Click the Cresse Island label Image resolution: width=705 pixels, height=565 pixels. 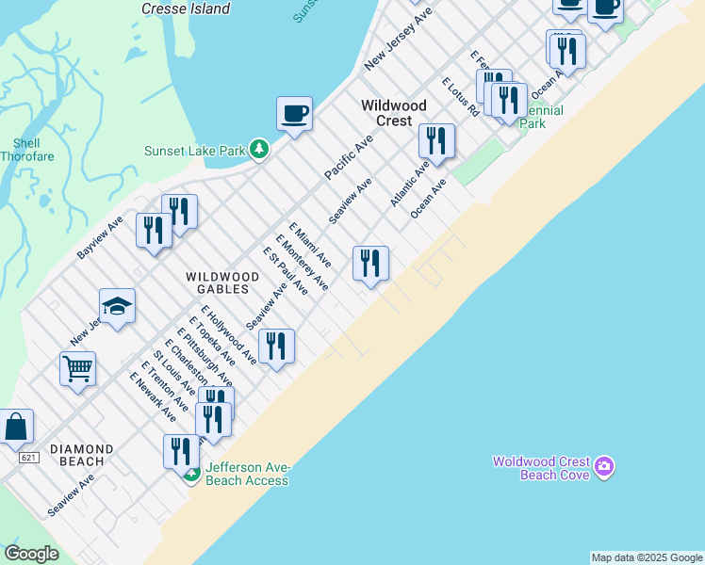186,8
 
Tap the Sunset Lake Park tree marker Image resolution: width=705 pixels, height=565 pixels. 259,150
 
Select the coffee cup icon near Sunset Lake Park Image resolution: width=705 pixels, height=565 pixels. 294,115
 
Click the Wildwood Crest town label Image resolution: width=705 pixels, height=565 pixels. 394,113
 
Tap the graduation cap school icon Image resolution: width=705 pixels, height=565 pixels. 117,306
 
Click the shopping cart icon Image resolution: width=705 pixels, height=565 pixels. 77,368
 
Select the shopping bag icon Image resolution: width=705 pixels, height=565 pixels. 16,427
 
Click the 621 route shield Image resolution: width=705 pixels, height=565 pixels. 25,457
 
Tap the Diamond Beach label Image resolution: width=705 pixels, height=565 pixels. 82,456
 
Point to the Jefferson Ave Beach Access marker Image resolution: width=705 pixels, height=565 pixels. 191,474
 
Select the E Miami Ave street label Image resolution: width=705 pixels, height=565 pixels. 310,244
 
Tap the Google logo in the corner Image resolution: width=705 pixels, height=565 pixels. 31,554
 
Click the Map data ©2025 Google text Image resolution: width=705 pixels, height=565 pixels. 647,557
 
